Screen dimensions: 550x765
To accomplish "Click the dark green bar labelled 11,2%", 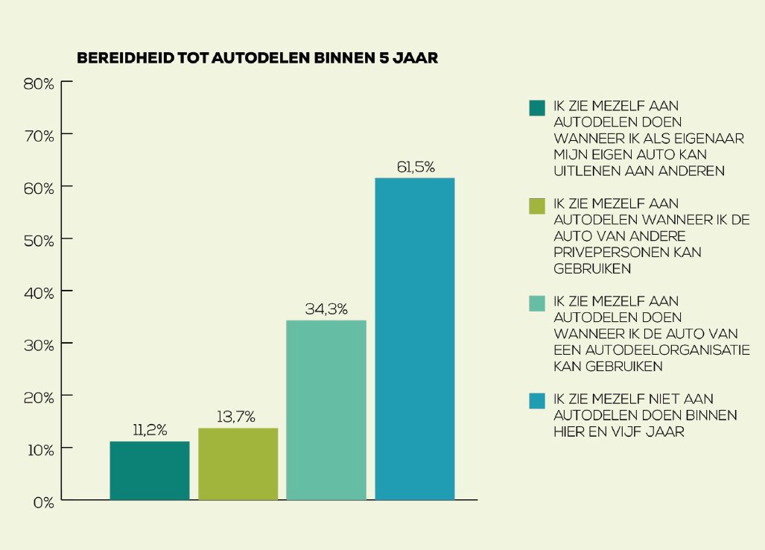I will pyautogui.click(x=150, y=470).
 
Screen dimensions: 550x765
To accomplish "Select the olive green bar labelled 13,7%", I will pyautogui.click(x=238, y=464).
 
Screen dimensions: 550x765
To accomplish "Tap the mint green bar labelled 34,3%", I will pyautogui.click(x=326, y=410).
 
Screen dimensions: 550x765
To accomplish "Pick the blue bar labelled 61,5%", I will pyautogui.click(x=415, y=338).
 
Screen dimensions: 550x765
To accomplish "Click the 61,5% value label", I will pyautogui.click(x=415, y=167).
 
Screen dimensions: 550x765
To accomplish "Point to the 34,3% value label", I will pyautogui.click(x=326, y=309).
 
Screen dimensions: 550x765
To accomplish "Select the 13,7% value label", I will pyautogui.click(x=238, y=417).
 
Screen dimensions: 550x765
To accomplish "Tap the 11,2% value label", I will pyautogui.click(x=150, y=430).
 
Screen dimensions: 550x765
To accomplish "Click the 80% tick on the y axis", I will pyautogui.click(x=39, y=83).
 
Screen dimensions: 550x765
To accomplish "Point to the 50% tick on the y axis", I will pyautogui.click(x=39, y=240).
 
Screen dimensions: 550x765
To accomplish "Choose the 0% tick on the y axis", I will pyautogui.click(x=42, y=502).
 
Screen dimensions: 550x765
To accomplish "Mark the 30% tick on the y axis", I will pyautogui.click(x=39, y=344).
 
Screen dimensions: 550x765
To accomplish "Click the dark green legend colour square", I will pyautogui.click(x=537, y=108).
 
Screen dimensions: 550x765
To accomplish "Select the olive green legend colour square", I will pyautogui.click(x=537, y=206).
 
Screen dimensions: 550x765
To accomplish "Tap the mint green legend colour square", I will pyautogui.click(x=537, y=303).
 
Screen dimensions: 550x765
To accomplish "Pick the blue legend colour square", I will pyautogui.click(x=537, y=401).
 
